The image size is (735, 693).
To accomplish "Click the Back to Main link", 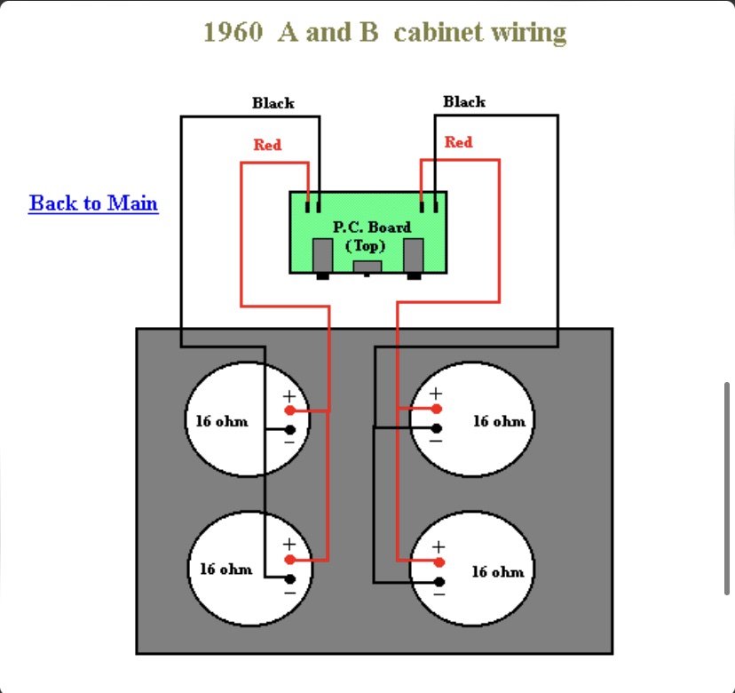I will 93,203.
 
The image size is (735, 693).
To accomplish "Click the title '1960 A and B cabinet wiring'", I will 384,33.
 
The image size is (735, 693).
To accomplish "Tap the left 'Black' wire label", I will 273,103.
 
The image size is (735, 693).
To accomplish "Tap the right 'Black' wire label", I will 464,102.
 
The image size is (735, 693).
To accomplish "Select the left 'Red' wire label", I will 267,145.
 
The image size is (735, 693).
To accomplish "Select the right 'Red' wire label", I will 458,142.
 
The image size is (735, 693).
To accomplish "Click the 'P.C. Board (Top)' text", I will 371,236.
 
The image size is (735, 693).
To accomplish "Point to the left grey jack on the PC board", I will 323,256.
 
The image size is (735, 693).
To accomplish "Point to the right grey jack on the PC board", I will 414,256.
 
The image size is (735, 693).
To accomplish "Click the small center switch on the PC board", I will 367,266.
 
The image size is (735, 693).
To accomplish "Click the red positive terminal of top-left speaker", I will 290,410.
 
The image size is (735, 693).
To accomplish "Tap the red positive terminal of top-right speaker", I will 437,409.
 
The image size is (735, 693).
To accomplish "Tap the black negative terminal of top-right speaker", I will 437,427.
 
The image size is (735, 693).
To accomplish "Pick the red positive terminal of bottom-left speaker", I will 290,560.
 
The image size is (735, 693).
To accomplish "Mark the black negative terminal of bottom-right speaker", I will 439,581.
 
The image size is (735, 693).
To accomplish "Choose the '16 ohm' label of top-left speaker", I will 222,420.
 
